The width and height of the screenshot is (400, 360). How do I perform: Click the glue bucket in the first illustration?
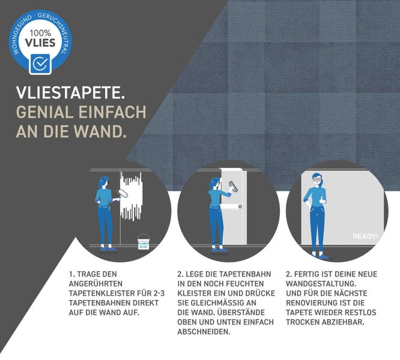(x=143, y=242)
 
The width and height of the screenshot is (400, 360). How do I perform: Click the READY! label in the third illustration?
(x=365, y=236)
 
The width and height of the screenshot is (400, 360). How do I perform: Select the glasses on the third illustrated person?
(x=317, y=178)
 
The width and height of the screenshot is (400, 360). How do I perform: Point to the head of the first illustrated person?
(x=105, y=181)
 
